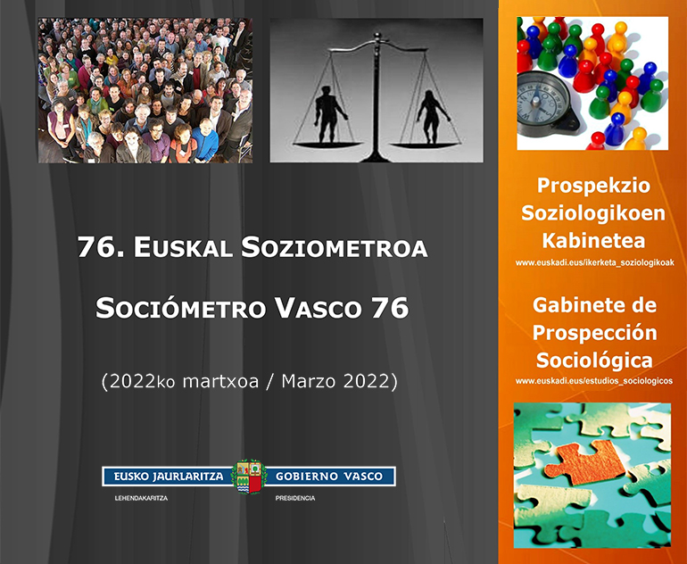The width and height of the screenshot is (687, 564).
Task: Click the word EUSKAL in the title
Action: (183, 247)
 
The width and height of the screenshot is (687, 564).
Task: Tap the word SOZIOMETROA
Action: (335, 247)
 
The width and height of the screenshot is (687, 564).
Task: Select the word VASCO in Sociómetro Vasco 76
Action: (319, 308)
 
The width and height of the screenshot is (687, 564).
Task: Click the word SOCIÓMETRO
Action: (181, 308)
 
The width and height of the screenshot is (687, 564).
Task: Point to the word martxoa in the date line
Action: (220, 381)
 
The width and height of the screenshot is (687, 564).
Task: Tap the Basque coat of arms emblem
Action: (248, 477)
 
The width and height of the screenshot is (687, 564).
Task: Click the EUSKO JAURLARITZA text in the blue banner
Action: (169, 477)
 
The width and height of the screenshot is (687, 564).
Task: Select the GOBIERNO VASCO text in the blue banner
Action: (329, 477)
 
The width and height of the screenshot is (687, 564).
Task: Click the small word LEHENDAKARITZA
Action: (141, 498)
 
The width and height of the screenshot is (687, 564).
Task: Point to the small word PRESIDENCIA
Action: (295, 498)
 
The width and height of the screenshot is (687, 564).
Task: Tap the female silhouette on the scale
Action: (433, 117)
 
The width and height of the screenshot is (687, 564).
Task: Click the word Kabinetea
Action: (593, 241)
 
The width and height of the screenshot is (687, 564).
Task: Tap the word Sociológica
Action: (594, 361)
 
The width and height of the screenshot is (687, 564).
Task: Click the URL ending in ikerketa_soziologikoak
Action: (594, 263)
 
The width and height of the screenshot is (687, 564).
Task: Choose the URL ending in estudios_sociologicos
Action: (594, 381)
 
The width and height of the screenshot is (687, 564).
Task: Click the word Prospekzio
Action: (593, 186)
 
